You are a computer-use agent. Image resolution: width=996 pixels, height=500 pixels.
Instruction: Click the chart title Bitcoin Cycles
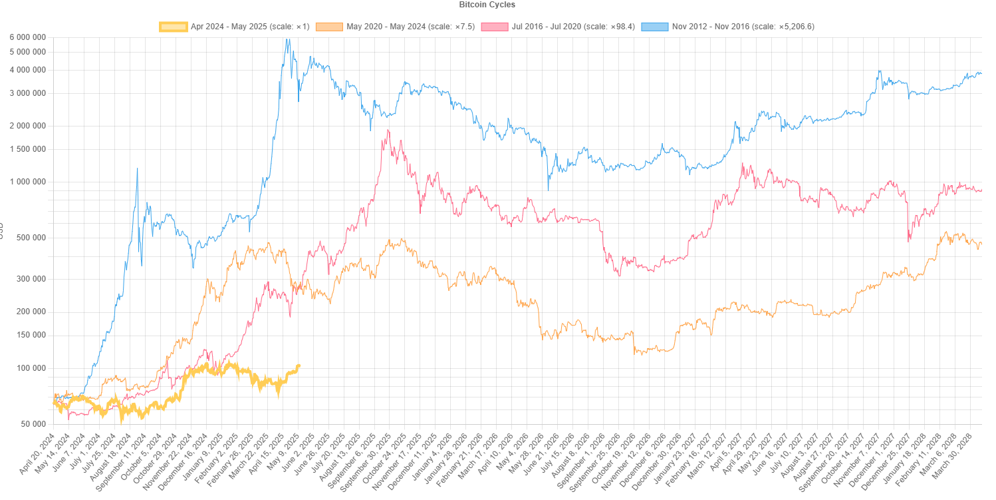(487, 5)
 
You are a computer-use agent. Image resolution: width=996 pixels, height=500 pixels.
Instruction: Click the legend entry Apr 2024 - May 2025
(250, 27)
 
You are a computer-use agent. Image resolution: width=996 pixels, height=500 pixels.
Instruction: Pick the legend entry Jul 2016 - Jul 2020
(574, 27)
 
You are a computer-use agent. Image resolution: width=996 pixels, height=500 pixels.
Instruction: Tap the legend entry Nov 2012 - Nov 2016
(743, 27)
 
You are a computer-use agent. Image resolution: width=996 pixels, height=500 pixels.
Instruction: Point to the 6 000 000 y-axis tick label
(27, 37)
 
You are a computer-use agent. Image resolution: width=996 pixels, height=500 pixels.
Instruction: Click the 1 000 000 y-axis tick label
(27, 182)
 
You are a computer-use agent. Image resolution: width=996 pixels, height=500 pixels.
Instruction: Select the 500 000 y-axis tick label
(30, 238)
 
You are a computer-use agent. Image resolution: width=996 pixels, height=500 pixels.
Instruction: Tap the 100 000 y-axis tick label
(30, 368)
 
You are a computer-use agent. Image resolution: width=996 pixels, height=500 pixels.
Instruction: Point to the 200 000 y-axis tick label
(30, 312)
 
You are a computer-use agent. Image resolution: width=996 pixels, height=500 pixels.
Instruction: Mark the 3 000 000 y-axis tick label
(27, 93)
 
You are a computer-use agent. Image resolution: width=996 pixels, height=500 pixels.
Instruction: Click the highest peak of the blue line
(287, 39)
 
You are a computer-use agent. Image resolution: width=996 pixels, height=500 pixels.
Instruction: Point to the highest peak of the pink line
(388, 130)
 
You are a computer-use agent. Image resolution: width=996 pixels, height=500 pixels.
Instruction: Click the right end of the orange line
(981, 244)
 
